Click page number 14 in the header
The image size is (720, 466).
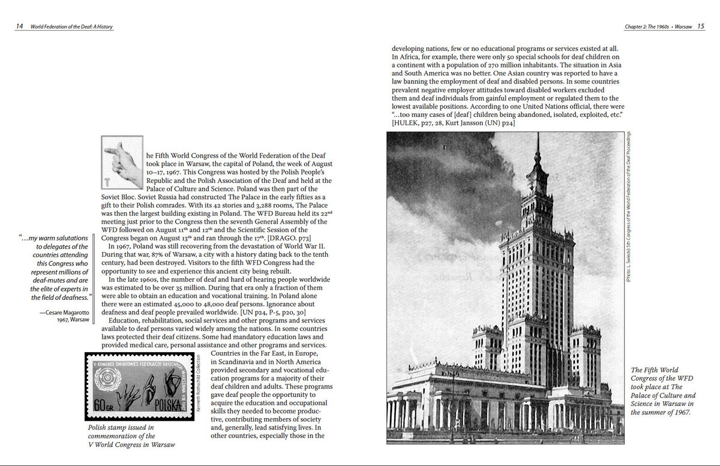pos(20,26)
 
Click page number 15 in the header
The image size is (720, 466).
pos(701,26)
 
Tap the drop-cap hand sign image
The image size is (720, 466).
pos(122,163)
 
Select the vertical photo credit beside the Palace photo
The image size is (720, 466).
pos(628,207)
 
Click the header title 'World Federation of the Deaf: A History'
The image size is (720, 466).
pos(71,27)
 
